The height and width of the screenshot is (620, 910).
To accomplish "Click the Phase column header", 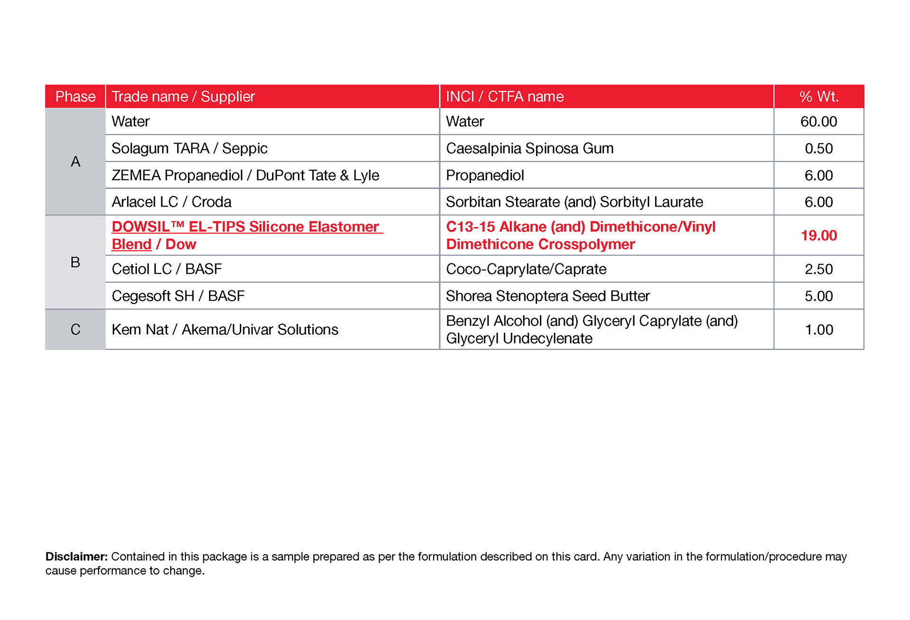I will tap(75, 97).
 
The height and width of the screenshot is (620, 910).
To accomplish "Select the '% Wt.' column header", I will tap(819, 97).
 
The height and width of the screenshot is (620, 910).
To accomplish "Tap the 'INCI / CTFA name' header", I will tap(505, 97).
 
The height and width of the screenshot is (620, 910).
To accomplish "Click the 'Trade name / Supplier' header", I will tap(183, 97).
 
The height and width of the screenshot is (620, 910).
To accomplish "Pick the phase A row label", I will tap(75, 162).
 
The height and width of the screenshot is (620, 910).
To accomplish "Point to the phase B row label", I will tap(75, 262).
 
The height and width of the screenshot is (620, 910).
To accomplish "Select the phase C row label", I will tap(75, 330).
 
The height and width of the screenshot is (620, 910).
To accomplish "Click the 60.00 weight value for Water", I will tap(819, 122).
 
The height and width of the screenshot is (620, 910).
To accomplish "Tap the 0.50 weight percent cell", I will tap(819, 149).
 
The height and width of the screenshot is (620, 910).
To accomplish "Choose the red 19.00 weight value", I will tap(819, 235).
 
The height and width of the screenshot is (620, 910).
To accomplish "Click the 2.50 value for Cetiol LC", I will tap(819, 269).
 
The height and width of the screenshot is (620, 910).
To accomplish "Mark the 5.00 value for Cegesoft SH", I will tap(819, 296).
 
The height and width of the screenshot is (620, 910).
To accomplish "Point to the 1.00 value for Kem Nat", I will tap(819, 330).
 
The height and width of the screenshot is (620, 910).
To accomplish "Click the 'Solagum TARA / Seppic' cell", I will tap(190, 149).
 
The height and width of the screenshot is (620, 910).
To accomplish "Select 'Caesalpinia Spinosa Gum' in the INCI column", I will tap(529, 149).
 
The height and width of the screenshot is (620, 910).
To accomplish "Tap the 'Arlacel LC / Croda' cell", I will tap(172, 202).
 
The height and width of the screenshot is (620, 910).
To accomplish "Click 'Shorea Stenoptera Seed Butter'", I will tap(547, 296).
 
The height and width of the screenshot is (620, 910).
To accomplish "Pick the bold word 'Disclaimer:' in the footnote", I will tap(76, 557).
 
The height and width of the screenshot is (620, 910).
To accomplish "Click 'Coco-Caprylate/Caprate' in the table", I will tap(526, 269).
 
